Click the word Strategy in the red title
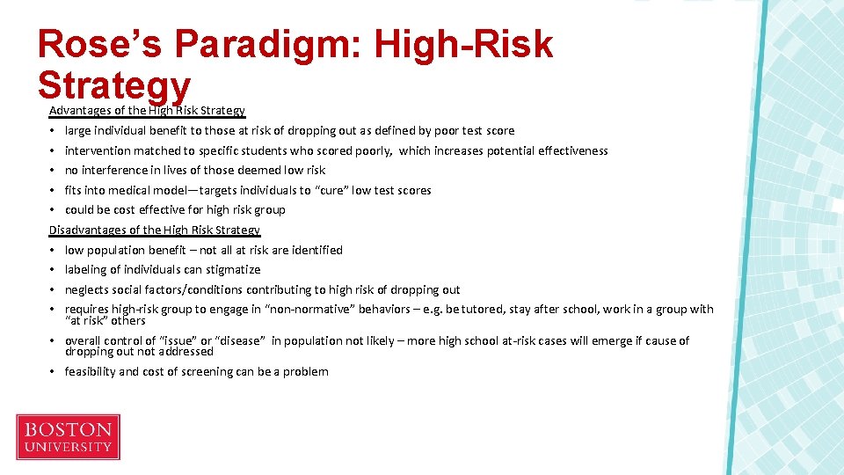pos(114,85)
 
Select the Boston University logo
pos(68,437)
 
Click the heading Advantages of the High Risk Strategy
pos(147,111)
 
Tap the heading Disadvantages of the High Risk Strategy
pos(155,230)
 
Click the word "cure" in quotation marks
pos(331,190)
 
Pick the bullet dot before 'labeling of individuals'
pos(54,270)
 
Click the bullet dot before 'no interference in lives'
pos(54,171)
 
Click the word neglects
pos(87,289)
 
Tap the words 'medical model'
pos(145,190)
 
